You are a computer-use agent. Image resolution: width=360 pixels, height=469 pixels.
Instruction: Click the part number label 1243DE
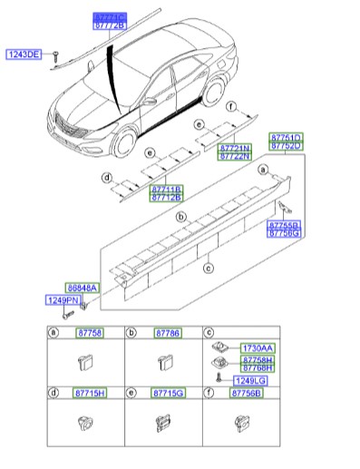click(24, 54)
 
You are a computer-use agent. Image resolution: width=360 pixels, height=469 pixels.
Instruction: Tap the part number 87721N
click(233, 147)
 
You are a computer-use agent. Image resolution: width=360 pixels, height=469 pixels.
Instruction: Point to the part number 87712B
click(166, 197)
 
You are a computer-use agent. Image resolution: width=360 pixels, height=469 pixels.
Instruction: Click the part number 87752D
click(287, 144)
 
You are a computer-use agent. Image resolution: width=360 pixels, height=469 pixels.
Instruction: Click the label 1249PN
click(63, 299)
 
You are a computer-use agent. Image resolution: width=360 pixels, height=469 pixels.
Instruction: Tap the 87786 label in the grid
click(168, 333)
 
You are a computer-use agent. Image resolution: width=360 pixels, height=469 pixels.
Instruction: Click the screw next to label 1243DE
click(54, 55)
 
